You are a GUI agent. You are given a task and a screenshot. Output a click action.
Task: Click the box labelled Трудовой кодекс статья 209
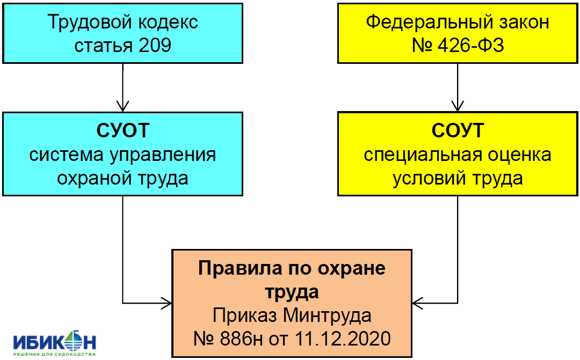point(121,36)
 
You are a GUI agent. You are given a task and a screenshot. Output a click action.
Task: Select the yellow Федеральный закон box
point(458,36)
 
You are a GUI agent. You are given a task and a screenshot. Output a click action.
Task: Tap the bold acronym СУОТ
point(121,131)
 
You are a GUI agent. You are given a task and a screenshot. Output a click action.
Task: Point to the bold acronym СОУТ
point(458,131)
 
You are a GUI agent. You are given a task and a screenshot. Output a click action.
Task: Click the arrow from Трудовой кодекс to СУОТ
point(121,91)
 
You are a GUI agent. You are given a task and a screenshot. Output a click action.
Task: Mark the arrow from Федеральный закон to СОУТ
point(458,91)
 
